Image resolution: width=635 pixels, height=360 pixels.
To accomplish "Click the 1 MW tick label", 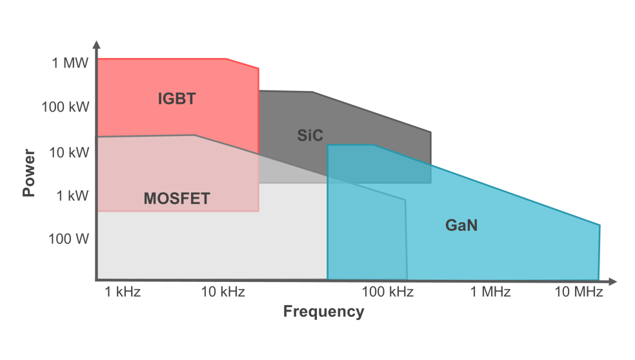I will [x=70, y=63].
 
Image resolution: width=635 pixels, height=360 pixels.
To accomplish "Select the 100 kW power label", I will [x=65, y=106].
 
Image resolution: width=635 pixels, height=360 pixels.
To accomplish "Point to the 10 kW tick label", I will [x=68, y=152].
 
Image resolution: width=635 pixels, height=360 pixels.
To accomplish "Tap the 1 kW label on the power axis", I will [x=72, y=195].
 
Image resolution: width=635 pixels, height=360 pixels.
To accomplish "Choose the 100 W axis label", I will [x=68, y=239].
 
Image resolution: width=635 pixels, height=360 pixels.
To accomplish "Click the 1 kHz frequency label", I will [x=122, y=292].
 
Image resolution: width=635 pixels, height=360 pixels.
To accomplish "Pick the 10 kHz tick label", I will [x=223, y=292].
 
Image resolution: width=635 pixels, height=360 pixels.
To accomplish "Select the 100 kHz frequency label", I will [x=387, y=292].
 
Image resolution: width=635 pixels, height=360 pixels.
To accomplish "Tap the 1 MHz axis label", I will [x=490, y=292].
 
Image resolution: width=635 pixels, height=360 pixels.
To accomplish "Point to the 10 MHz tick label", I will [x=579, y=292].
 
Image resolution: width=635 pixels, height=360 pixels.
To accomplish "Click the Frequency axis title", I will [x=323, y=312].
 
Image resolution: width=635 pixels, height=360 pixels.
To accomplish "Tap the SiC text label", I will [x=310, y=135].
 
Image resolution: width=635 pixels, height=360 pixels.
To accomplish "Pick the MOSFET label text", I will [x=176, y=198].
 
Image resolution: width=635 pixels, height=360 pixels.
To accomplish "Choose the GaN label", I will [x=461, y=226].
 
